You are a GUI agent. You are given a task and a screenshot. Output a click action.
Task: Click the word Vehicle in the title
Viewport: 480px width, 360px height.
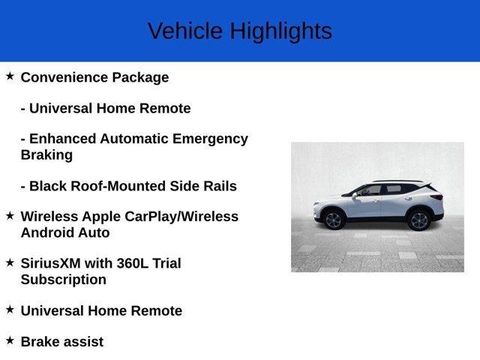click(x=185, y=31)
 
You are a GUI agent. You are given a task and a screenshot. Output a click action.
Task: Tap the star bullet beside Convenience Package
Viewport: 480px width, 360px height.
click(x=10, y=76)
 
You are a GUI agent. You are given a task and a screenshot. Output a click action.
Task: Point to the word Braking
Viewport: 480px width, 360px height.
click(x=46, y=155)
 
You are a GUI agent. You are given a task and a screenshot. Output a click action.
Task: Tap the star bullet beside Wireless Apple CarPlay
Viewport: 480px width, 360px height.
click(x=10, y=215)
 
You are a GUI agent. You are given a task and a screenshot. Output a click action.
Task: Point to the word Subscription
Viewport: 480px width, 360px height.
click(x=64, y=280)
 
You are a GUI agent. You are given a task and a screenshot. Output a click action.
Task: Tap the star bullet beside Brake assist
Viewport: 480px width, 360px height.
click(x=10, y=340)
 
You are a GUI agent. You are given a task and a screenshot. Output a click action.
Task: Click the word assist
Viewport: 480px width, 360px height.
click(x=83, y=342)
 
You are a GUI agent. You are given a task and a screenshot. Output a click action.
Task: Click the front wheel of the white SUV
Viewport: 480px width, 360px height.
click(x=333, y=219)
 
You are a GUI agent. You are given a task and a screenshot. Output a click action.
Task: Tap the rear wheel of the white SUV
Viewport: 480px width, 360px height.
click(x=418, y=220)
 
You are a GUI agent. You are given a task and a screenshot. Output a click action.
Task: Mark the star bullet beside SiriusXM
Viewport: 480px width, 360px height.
click(x=10, y=262)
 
